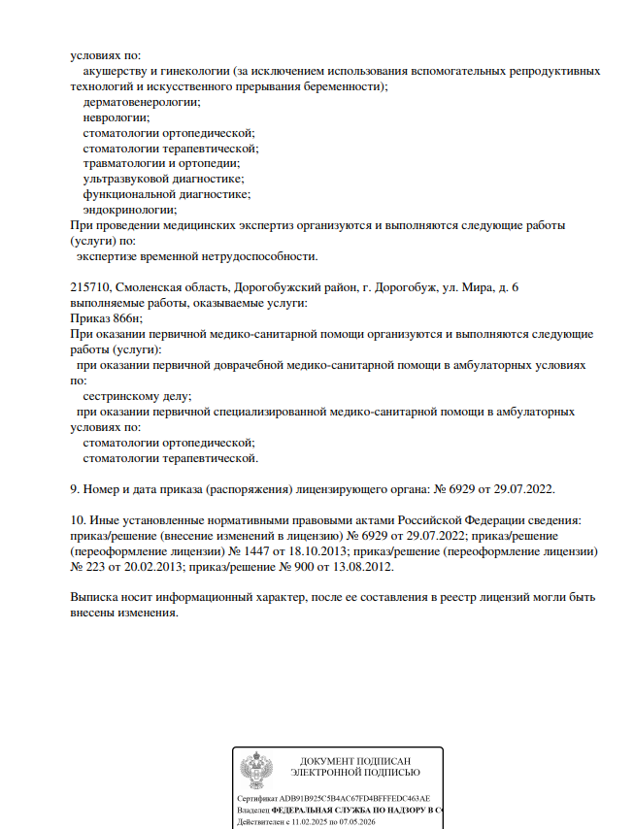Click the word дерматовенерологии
pos(142,101)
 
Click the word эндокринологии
pos(130,210)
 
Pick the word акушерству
pos(114,71)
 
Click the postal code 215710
pos(91,288)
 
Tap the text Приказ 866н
pos(108,318)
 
